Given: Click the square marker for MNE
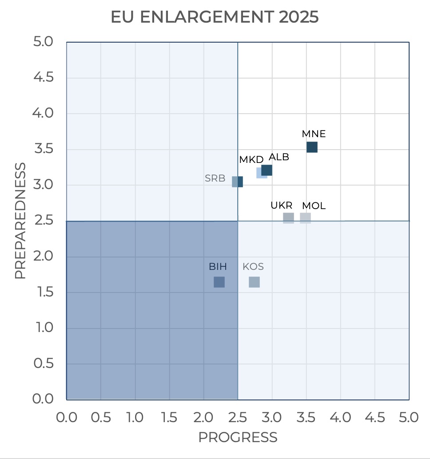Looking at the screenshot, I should pos(312,147).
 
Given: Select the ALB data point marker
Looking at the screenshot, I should pos(267,170).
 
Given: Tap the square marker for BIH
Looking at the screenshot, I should pos(219,282).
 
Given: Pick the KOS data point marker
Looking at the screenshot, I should pos(254,282).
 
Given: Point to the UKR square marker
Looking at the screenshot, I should pos(288,218).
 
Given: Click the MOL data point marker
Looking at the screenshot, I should pos(305,218).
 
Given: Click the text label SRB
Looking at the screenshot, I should pos(215,179).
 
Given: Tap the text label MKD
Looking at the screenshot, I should pos(251,160).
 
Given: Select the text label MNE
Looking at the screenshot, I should pos(314,134).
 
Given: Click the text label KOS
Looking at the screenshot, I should pos(253,267).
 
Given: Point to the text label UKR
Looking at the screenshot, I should pos(282,206).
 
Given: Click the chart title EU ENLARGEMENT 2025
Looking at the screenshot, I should pos(215,17).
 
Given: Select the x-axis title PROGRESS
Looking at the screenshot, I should pos(238,437).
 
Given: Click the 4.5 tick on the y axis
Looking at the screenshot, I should pos(43,78).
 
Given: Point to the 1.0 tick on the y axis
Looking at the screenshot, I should pos(43,328).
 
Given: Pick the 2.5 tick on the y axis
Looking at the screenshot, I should pos(43,221).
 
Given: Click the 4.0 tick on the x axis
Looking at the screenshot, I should pos(341,418).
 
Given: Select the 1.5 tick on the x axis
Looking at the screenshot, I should pos(169,418).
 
